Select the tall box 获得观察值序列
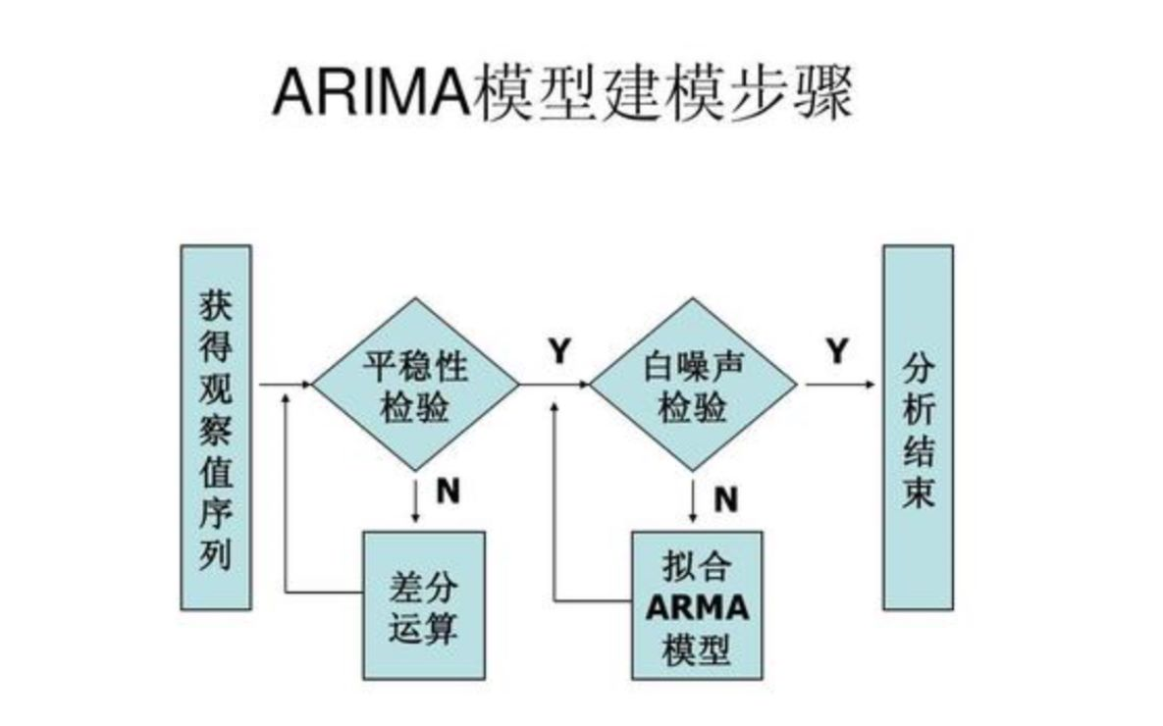click(x=216, y=427)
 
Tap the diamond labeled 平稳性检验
click(x=415, y=385)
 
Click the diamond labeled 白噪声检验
click(x=693, y=385)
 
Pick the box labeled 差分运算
click(x=424, y=604)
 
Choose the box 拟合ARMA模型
click(x=696, y=604)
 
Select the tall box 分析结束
click(x=918, y=427)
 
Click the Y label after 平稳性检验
click(x=559, y=351)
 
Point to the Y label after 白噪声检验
click(x=836, y=351)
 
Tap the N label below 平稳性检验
click(x=448, y=492)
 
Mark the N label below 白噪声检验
click(x=725, y=499)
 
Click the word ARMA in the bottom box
click(x=696, y=607)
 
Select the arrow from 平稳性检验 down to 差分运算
click(x=416, y=500)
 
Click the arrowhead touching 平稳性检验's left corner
click(x=305, y=385)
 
